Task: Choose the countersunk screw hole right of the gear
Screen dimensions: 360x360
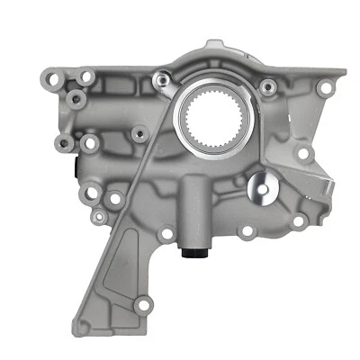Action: pos(267,86)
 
